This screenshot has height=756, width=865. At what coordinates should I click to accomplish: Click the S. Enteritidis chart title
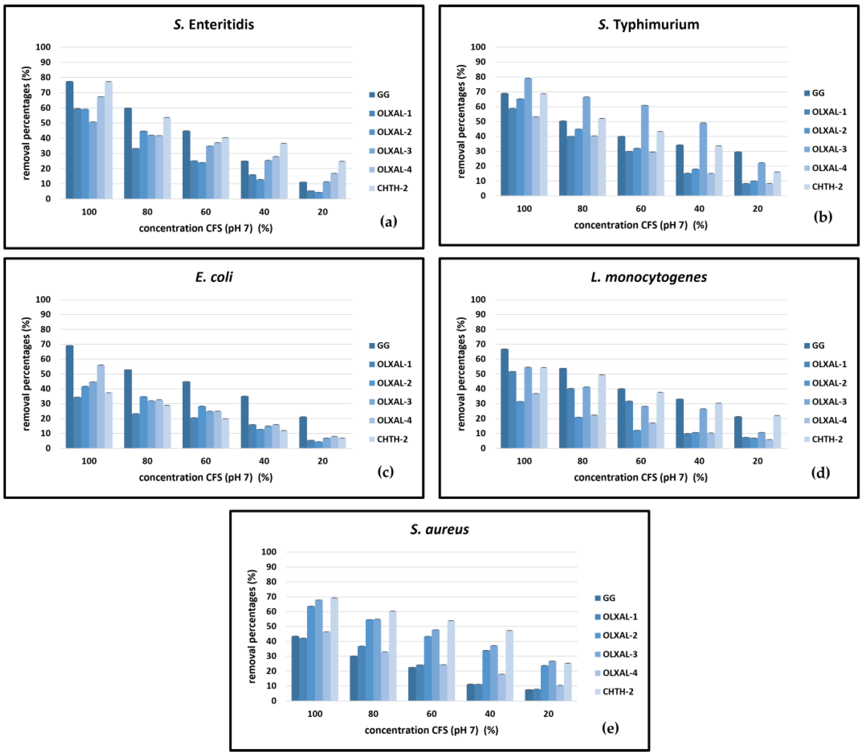coord(214,24)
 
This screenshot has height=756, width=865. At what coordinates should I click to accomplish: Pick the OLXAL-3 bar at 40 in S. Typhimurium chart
coord(703,159)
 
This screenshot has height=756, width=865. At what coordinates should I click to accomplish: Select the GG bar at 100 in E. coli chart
coord(70,396)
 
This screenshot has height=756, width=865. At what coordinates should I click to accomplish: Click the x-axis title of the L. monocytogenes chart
coord(640,478)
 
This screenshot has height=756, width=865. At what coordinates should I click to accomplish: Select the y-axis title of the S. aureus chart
coord(252,627)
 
